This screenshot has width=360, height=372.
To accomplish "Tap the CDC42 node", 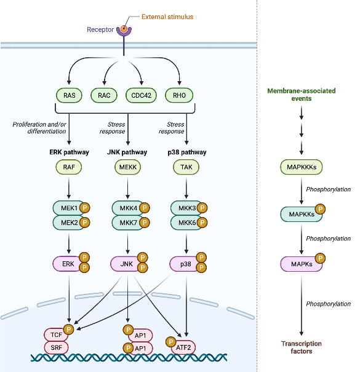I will [141, 95].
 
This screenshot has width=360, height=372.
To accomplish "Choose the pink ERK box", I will [68, 264].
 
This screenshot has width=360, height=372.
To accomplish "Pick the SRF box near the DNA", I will [56, 347].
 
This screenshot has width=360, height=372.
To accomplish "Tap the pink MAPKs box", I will [300, 264].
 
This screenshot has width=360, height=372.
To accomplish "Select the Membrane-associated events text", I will [301, 95].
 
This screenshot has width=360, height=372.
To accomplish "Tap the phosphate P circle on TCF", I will [69, 330].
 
